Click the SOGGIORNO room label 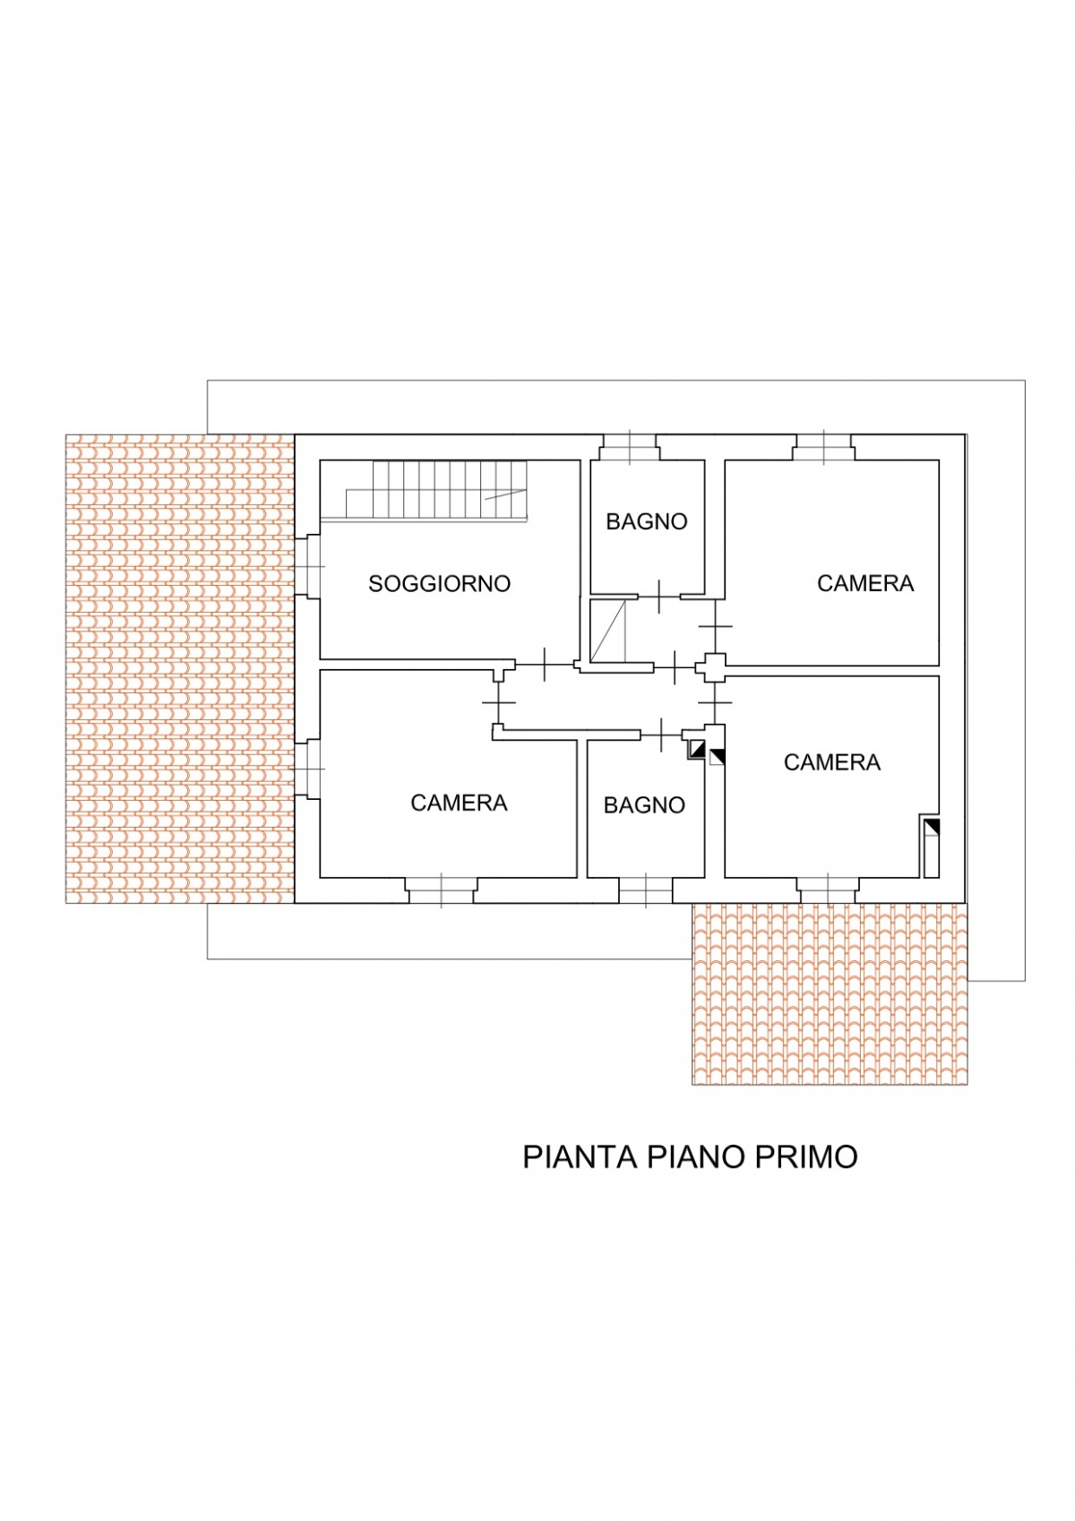pyautogui.click(x=439, y=583)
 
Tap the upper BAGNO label pyautogui.click(x=647, y=521)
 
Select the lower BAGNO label pyautogui.click(x=644, y=805)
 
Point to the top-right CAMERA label pyautogui.click(x=865, y=583)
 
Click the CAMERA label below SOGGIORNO pyautogui.click(x=459, y=803)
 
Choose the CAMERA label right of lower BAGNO pyautogui.click(x=832, y=762)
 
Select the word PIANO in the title pyautogui.click(x=686, y=1157)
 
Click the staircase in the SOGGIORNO pyautogui.click(x=436, y=490)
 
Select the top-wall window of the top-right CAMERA pyautogui.click(x=824, y=447)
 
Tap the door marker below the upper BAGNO pyautogui.click(x=658, y=597)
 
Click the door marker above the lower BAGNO pyautogui.click(x=661, y=735)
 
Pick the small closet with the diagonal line pyautogui.click(x=607, y=631)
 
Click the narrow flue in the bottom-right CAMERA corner pyautogui.click(x=930, y=846)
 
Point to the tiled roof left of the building pyautogui.click(x=180, y=668)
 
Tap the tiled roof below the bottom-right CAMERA pyautogui.click(x=830, y=993)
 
